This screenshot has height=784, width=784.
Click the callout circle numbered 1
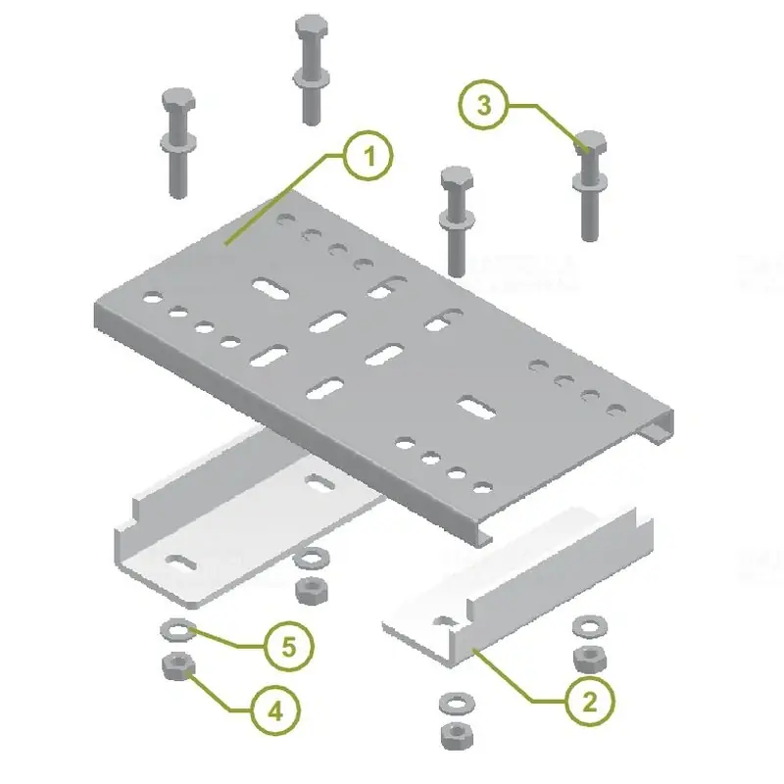369,156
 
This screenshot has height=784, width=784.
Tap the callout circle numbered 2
590,702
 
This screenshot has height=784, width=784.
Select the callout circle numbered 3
483,105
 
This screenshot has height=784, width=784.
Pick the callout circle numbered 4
275,710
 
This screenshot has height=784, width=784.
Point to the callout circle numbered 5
289,647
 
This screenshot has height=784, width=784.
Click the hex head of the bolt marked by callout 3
591,143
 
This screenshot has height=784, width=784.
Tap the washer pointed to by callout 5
178,629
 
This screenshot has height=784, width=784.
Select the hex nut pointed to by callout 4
178,666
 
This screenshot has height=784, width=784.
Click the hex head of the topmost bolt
312,27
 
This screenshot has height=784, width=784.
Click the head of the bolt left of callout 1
178,100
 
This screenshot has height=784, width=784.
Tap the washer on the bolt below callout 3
590,182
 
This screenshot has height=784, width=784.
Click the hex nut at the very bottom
457,737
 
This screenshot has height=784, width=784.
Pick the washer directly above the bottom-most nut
457,704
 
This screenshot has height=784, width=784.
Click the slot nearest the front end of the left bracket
180,563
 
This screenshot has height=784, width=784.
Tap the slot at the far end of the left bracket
320,482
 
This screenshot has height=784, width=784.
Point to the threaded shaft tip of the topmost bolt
312,120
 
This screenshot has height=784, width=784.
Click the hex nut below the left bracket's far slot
312,591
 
